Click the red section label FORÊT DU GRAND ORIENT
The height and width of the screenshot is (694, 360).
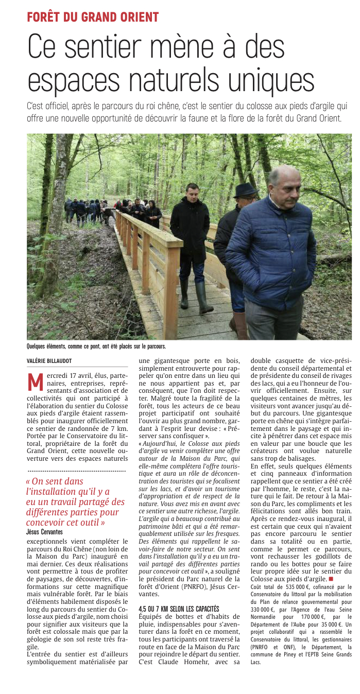tap(93, 16)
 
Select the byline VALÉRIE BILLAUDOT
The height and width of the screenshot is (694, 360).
tap(50, 361)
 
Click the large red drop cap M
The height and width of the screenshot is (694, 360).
tap(35, 381)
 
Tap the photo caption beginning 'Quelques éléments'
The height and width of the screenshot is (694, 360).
tap(96, 347)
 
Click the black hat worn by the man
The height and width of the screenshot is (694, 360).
tap(245, 190)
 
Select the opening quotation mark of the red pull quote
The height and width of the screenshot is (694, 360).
tap(28, 482)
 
